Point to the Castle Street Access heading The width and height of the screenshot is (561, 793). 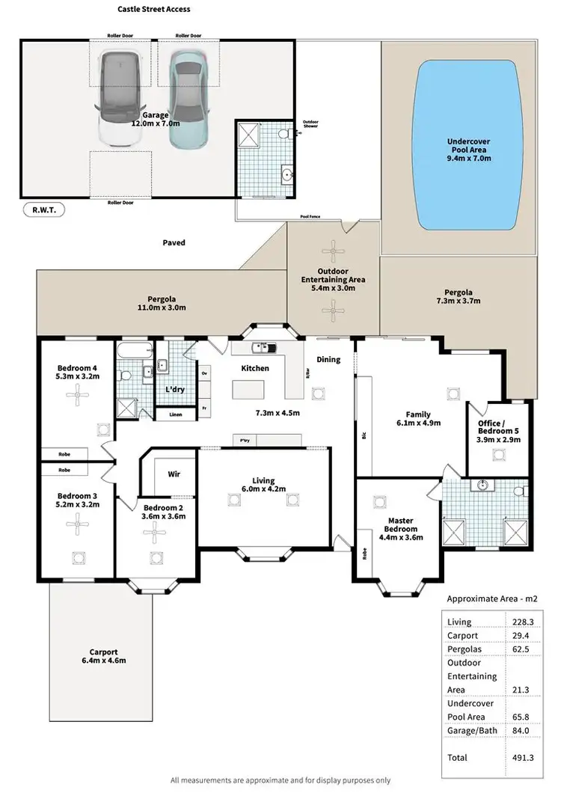pos(153,10)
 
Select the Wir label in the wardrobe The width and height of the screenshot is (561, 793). pos(173,474)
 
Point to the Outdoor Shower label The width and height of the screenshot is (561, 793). pos(310,124)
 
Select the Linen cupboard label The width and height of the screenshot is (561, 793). pos(175,414)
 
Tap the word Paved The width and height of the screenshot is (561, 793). pos(174,242)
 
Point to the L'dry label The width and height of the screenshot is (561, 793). pos(175,391)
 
